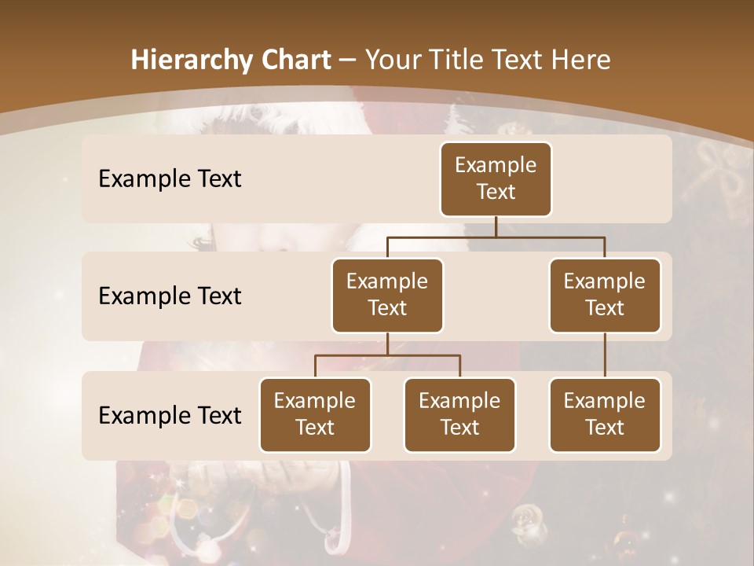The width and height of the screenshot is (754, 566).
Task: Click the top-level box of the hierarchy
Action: [x=496, y=179]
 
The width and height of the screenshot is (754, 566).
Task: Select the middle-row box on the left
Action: [x=387, y=296]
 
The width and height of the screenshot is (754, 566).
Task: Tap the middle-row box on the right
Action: [x=605, y=296]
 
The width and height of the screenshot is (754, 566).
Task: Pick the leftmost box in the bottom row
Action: [x=315, y=415]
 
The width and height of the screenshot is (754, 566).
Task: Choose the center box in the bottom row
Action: [x=459, y=415]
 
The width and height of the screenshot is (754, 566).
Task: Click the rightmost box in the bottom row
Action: [x=605, y=415]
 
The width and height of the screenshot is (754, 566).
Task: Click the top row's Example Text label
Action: [x=170, y=179]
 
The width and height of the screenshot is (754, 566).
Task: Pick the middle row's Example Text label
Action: [x=170, y=296]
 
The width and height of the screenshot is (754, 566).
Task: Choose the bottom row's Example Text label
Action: [x=170, y=415]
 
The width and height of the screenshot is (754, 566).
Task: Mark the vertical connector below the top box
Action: [x=496, y=226]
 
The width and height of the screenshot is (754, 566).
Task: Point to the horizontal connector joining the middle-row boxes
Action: [x=496, y=236]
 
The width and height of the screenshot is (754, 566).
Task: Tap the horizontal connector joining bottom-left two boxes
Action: [x=387, y=355]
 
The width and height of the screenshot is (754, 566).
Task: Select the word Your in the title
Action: [x=391, y=60]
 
